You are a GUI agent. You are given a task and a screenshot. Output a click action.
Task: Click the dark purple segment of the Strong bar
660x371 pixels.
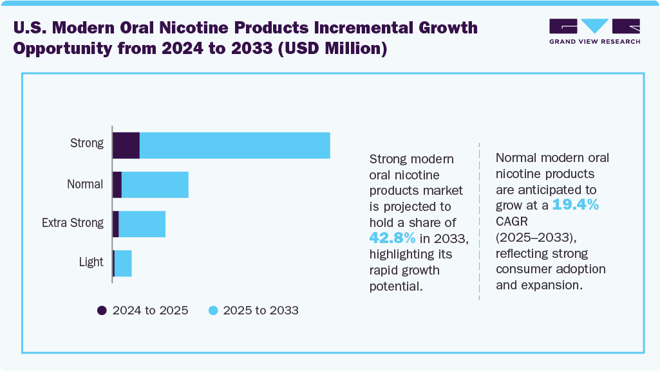(x=126, y=145)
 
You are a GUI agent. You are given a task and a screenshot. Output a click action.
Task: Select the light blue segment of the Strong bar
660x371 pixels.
(x=234, y=145)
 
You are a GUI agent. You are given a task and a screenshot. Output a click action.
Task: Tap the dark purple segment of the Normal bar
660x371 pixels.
(x=117, y=185)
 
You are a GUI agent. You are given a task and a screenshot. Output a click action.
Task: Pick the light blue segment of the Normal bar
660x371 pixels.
(x=155, y=185)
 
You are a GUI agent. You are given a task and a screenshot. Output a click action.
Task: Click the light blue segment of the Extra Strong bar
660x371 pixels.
(x=142, y=224)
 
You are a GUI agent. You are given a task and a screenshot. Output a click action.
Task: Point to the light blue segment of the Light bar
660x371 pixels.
(x=123, y=263)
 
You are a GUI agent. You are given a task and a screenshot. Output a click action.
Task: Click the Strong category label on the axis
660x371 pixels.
(x=87, y=143)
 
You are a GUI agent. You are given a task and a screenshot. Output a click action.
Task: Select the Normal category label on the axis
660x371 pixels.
(x=85, y=185)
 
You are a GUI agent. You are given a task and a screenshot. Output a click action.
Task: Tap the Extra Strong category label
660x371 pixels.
(x=73, y=223)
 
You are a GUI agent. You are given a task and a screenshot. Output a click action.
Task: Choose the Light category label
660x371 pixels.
(x=91, y=262)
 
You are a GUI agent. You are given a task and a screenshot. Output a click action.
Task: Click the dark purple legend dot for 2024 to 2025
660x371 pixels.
(x=102, y=311)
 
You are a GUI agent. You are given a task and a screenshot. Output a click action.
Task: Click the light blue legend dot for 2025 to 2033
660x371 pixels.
(x=212, y=311)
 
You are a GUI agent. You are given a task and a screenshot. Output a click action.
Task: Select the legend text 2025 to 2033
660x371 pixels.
(x=261, y=311)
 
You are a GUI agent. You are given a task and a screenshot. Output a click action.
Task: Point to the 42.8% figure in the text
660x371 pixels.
(x=392, y=238)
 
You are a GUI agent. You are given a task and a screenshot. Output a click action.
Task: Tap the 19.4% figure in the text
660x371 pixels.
(x=576, y=206)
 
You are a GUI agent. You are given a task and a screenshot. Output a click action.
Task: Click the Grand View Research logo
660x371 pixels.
(x=594, y=32)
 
